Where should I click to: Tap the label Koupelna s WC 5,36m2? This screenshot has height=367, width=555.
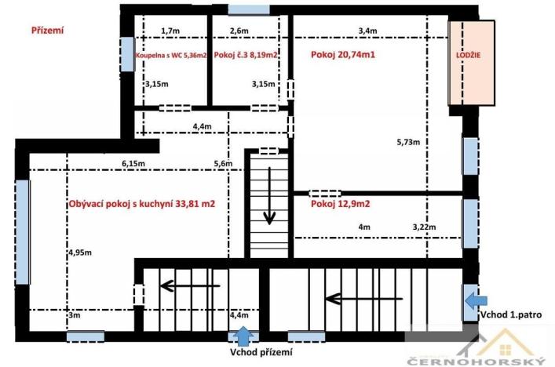pyautogui.click(x=171, y=56)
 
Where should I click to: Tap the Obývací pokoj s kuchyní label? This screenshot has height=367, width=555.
pyautogui.click(x=142, y=204)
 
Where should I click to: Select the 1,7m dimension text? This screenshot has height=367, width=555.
pyautogui.click(x=170, y=31)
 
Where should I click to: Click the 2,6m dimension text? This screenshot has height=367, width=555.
pyautogui.click(x=239, y=31)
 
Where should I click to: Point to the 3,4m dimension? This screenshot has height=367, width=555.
pyautogui.click(x=367, y=31)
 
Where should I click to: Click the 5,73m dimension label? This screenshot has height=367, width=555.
pyautogui.click(x=408, y=143)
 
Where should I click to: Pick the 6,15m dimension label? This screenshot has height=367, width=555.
pyautogui.click(x=133, y=163)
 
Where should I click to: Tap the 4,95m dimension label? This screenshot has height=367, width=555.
pyautogui.click(x=79, y=253)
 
